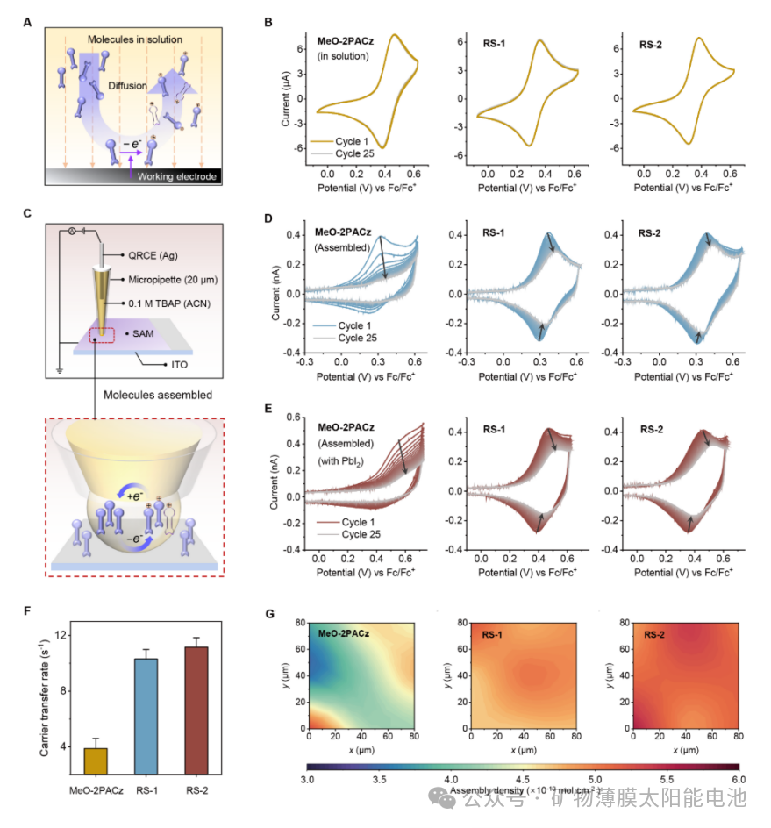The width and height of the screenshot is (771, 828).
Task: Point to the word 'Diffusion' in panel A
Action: pos(127,86)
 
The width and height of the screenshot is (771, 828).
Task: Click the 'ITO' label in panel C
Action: pos(182,362)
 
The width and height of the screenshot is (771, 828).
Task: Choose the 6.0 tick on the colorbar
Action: pos(737,778)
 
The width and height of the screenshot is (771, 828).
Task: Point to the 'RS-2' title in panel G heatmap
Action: pos(657,634)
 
